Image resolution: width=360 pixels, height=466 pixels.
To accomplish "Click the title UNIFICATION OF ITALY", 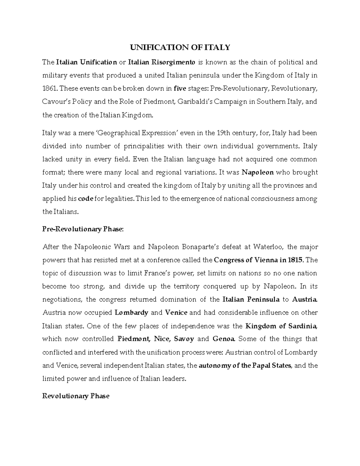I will pos(180,47).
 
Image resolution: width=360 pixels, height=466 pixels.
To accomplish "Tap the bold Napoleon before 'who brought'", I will pos(258,173).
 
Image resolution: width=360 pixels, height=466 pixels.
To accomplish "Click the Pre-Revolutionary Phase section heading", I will pos(83,229).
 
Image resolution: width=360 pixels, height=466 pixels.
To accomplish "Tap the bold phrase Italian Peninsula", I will pos(251,299).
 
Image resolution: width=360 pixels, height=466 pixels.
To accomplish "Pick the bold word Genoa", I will pos(223,339).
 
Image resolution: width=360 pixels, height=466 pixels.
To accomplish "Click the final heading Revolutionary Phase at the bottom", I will pos(76,396).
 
